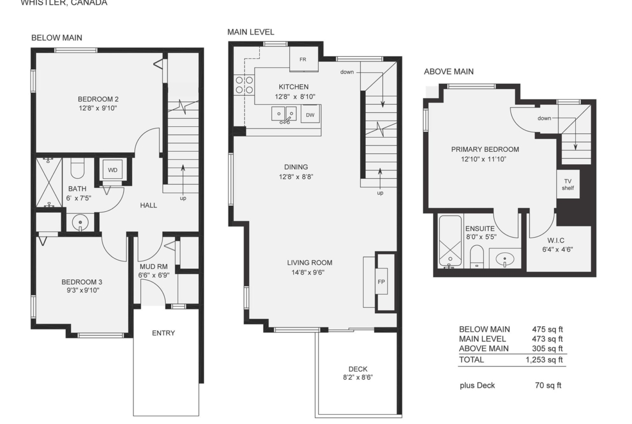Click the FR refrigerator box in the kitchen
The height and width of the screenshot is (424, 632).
[x=304, y=59]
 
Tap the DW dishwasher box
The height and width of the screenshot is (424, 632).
[x=311, y=115]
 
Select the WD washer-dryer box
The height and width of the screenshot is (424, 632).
[x=113, y=170]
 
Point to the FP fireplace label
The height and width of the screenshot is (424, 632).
[x=381, y=282]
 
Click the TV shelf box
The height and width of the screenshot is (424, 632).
[x=568, y=184]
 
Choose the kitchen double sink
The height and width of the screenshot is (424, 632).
[x=284, y=114]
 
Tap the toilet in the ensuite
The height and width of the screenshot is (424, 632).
[x=477, y=257]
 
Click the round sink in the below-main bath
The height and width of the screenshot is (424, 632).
[x=80, y=222]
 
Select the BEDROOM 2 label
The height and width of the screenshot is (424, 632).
[x=98, y=99]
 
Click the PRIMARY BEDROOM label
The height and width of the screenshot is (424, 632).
[x=485, y=149]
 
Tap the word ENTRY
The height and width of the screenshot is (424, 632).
[x=163, y=333]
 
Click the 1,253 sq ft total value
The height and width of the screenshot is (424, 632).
[x=544, y=360]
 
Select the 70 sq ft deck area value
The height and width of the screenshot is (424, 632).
[x=548, y=385]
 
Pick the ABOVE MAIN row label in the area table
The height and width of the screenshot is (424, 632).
[x=483, y=348]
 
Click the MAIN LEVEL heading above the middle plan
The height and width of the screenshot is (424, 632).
[x=251, y=32]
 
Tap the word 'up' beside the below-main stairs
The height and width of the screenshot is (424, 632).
[x=183, y=198]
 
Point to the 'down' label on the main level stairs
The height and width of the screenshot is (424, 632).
[x=347, y=72]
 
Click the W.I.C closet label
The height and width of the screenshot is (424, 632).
[x=556, y=240]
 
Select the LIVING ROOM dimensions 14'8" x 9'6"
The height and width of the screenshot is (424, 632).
[x=308, y=272]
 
